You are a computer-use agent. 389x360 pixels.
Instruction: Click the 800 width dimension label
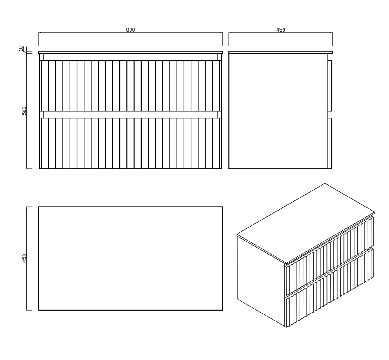point(130,30)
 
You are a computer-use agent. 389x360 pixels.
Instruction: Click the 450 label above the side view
point(280,30)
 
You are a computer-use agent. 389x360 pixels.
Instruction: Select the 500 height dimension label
point(24,111)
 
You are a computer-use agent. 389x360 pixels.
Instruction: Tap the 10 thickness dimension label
point(21,48)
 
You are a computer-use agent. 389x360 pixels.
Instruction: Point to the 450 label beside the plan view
point(24,258)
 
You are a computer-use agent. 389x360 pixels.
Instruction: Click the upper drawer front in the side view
point(330,85)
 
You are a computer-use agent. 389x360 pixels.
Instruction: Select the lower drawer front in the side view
point(330,143)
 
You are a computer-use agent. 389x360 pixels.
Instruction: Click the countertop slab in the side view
point(280,53)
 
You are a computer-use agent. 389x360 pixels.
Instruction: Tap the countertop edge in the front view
point(130,53)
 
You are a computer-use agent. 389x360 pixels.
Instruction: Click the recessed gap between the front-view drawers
point(130,114)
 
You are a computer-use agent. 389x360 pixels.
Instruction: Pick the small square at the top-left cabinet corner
point(42,57)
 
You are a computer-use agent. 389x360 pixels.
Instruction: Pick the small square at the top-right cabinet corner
point(219,57)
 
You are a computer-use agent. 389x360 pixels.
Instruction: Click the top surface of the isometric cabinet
point(306,223)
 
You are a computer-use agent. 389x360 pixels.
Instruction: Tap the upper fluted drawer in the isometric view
point(329,255)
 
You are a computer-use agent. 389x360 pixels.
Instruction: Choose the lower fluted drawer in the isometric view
point(329,288)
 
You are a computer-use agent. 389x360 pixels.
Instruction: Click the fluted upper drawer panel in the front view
point(130,86)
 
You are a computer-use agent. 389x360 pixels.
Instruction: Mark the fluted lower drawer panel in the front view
point(130,143)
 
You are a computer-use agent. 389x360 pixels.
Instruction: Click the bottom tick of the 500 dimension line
point(29,169)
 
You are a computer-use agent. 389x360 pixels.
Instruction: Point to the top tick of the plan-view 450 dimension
point(29,207)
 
